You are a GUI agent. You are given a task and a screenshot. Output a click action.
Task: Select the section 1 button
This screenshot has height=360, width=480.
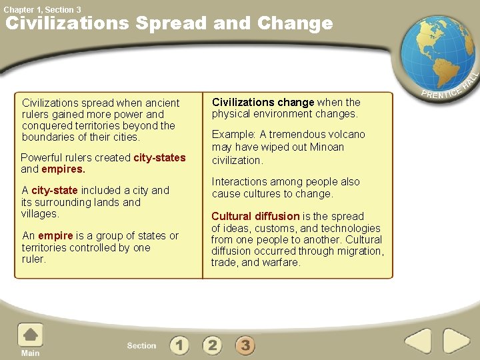click(179, 345)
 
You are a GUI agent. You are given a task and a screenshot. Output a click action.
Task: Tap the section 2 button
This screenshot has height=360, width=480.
click(212, 345)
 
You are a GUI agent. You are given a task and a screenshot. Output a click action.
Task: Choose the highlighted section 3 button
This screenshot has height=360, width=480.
click(245, 345)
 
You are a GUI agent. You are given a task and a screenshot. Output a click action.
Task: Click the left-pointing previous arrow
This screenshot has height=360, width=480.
click(419, 341)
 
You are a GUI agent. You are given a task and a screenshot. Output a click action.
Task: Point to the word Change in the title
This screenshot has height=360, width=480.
click(294, 23)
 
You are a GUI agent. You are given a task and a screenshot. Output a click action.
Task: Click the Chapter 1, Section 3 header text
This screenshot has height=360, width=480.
click(43, 9)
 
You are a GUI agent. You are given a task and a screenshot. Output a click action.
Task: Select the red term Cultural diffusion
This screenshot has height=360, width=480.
click(255, 217)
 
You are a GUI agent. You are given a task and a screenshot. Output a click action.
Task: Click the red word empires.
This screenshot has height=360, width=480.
click(63, 169)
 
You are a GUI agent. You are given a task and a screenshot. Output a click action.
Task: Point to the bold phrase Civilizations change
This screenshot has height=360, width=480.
click(263, 103)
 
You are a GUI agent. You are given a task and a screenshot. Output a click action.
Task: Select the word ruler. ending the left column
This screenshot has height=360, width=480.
click(34, 259)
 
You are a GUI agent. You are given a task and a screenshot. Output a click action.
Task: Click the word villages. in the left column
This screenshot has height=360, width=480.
click(40, 214)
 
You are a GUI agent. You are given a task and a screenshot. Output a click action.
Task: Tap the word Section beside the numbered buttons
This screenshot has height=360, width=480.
click(141, 345)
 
